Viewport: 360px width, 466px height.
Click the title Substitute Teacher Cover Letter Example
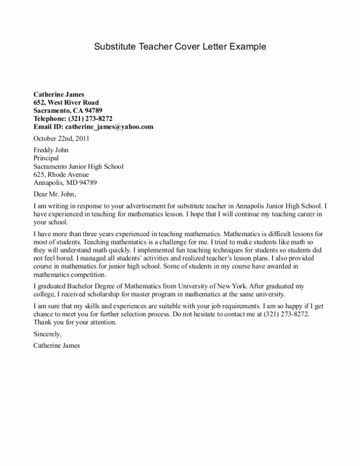tap(180, 46)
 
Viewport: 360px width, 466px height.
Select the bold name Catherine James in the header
tap(59, 95)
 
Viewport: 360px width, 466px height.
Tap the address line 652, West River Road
tap(66, 102)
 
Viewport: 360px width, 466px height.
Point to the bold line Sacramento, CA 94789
tap(68, 111)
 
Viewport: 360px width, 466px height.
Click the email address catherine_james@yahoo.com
tap(109, 127)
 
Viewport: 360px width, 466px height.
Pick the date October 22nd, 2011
tap(61, 138)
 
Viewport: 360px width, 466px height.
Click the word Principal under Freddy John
tap(46, 158)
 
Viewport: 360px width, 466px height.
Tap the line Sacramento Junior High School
tap(78, 167)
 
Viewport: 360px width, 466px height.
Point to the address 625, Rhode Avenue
tap(61, 174)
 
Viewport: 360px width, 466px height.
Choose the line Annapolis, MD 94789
tap(65, 182)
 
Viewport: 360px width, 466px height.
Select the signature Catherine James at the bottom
tap(56, 345)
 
